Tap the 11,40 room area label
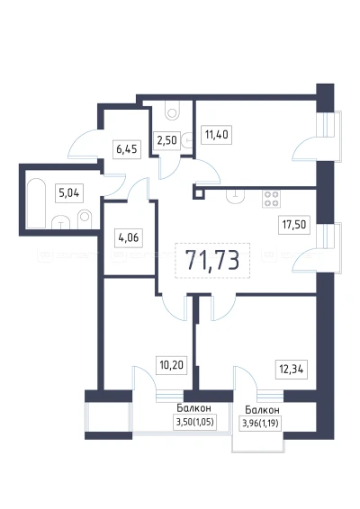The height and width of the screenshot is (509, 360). tap(217, 134)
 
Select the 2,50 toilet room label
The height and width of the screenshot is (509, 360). tap(166, 140)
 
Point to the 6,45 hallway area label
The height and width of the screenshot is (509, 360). tap(127, 149)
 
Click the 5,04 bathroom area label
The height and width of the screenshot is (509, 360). tap(69, 193)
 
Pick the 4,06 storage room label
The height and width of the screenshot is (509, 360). tap(129, 237)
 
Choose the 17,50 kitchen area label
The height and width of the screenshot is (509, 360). tap(294, 224)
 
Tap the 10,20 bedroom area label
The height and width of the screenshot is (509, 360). tap(172, 365)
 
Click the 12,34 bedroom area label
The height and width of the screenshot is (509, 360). tap(292, 370)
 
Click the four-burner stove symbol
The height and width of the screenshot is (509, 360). tap(271, 199)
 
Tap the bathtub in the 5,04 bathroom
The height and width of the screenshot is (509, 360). tap(36, 203)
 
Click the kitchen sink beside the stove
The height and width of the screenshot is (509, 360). tap(236, 196)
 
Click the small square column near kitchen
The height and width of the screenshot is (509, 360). tap(199, 193)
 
